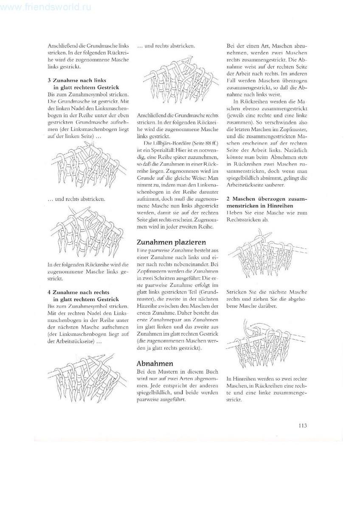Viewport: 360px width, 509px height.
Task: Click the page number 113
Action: (x=302, y=426)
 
